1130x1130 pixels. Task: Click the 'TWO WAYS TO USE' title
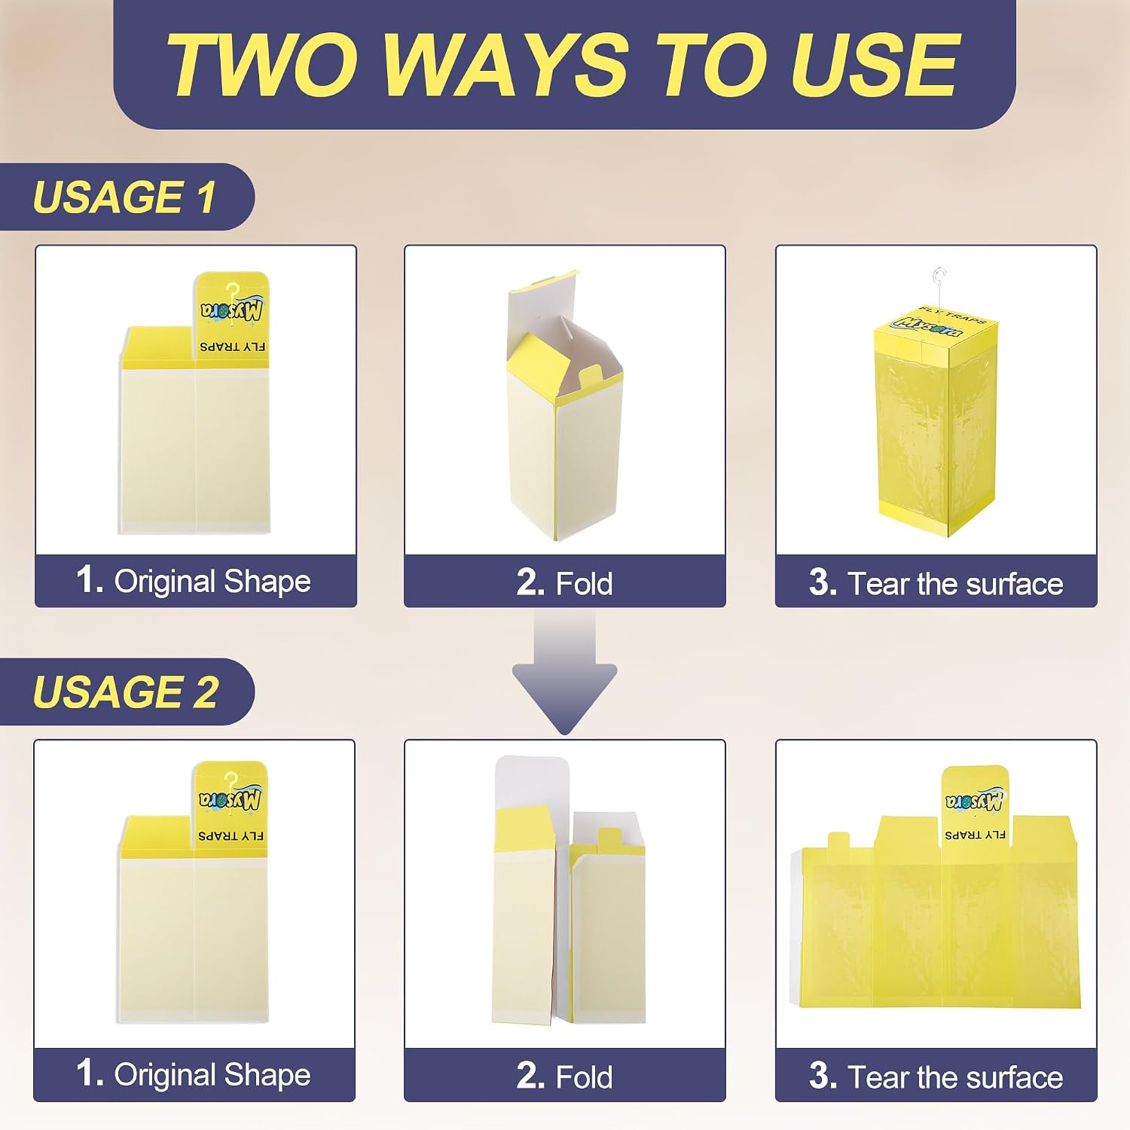[563, 65]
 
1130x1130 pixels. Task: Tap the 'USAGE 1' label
[124, 197]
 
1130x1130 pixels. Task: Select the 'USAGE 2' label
[125, 692]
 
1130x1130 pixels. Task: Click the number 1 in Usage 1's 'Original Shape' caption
[89, 580]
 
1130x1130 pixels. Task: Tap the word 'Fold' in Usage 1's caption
[584, 584]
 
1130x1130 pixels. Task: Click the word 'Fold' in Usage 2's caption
[584, 1077]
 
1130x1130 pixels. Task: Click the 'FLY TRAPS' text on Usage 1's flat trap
[233, 347]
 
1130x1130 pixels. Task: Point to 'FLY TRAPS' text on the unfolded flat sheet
[975, 835]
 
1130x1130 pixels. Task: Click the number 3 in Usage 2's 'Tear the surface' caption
[823, 1077]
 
